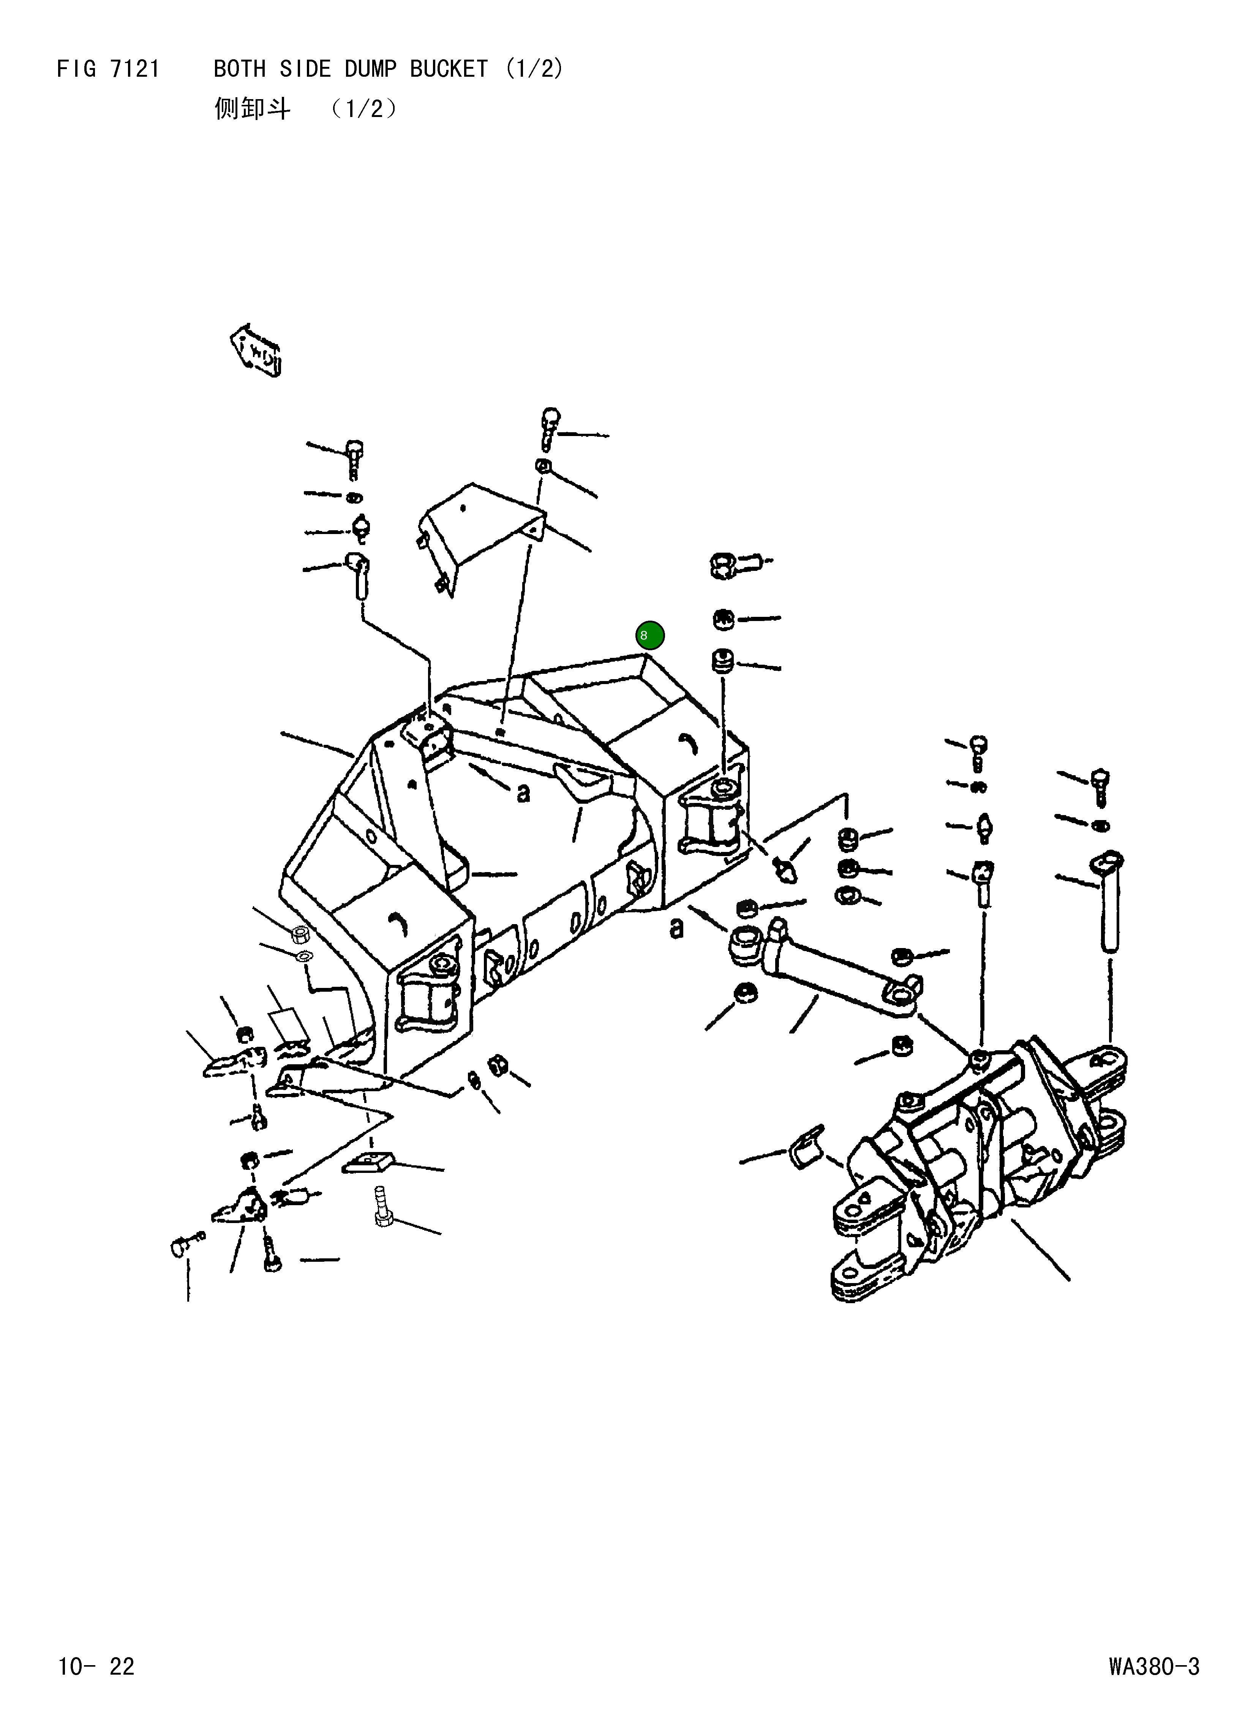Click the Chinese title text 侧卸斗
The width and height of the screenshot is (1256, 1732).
(x=252, y=109)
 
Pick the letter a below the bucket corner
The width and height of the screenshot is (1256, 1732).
(x=676, y=928)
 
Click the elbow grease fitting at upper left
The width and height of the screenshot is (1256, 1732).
(x=359, y=573)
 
